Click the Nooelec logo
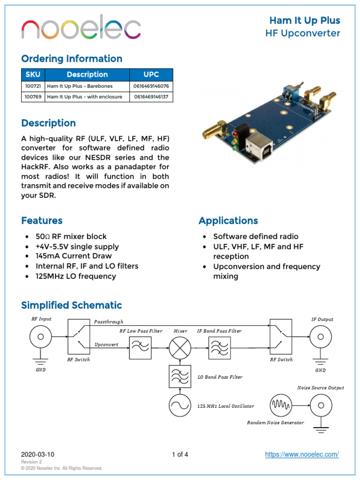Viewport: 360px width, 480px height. (x=81, y=29)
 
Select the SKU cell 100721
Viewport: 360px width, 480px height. (x=33, y=86)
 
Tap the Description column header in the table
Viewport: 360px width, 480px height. (x=87, y=75)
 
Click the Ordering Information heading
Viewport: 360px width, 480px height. (x=72, y=59)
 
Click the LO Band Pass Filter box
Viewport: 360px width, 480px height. (x=180, y=376)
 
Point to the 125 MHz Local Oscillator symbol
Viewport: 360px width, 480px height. (x=180, y=405)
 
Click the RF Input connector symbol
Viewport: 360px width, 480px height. (x=41, y=337)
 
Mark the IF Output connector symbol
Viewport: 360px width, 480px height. (x=321, y=337)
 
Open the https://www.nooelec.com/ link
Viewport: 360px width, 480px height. (x=302, y=454)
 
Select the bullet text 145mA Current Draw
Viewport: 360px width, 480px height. (x=74, y=256)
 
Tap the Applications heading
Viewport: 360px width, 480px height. (x=228, y=221)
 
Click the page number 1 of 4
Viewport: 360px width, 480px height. (x=180, y=454)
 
